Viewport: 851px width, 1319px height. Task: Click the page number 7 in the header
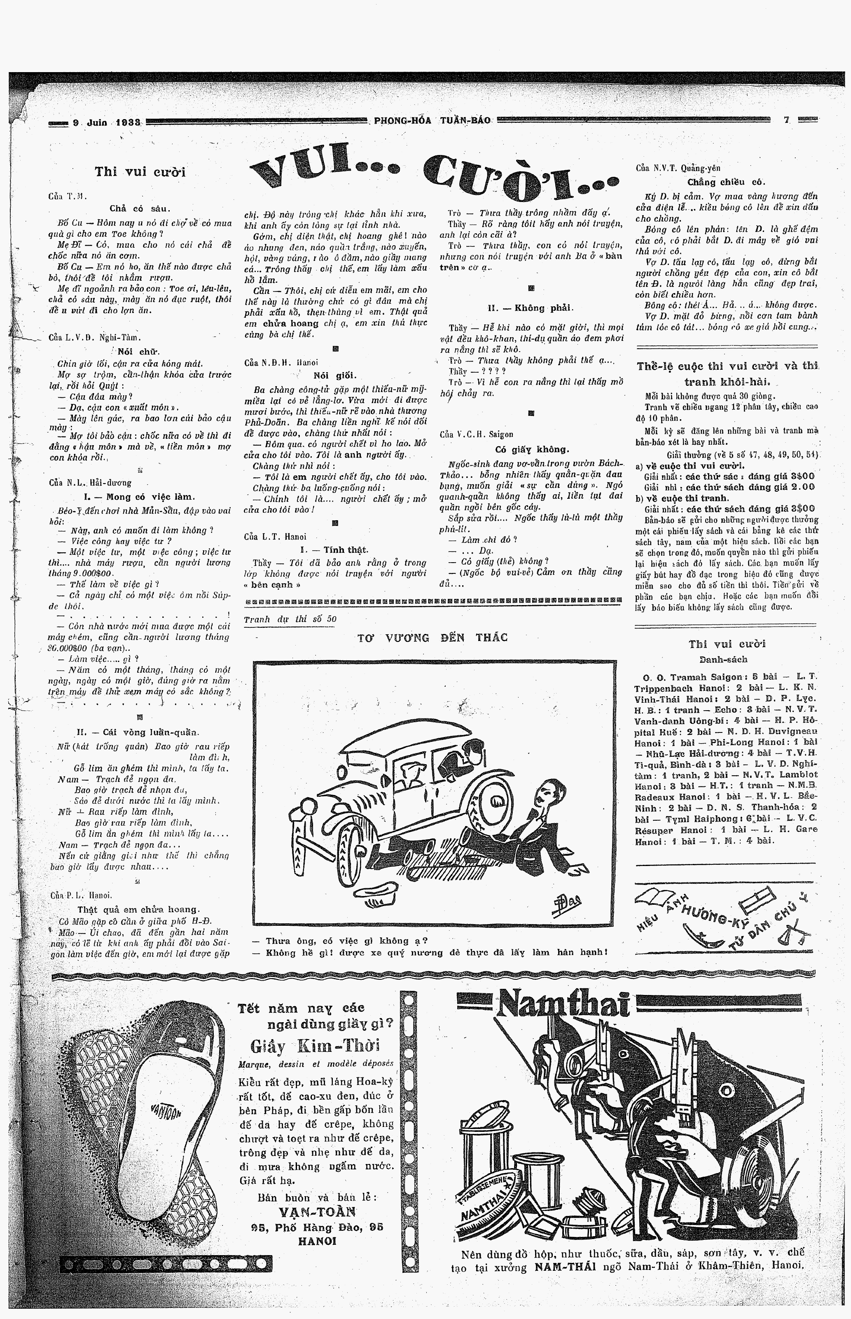[x=786, y=120]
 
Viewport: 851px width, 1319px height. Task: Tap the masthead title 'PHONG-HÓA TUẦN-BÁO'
[x=432, y=120]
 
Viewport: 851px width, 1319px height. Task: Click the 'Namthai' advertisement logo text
[x=563, y=1005]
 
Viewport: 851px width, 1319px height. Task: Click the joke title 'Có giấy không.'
[x=531, y=449]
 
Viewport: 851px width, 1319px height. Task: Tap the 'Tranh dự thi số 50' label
[x=290, y=619]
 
